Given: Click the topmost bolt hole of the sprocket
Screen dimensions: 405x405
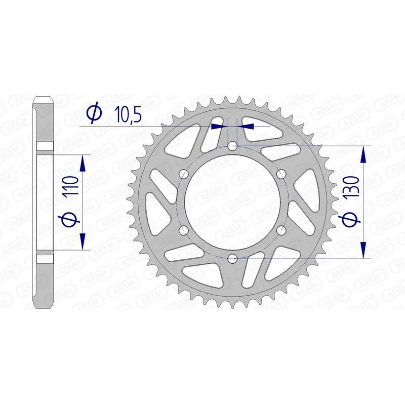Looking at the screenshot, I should click(x=232, y=146).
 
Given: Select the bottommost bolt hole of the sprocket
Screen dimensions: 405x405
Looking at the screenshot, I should click(x=232, y=259).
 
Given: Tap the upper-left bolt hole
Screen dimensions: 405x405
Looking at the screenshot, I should click(x=184, y=174).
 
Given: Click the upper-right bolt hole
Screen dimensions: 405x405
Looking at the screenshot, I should click(x=281, y=174).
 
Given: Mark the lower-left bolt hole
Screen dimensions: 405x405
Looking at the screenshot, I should click(x=184, y=231).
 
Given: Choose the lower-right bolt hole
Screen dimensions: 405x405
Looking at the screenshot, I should click(x=281, y=231).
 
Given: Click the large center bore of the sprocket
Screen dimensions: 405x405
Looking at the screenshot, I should click(x=232, y=202).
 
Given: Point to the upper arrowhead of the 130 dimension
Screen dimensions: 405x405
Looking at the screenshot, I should click(x=362, y=154).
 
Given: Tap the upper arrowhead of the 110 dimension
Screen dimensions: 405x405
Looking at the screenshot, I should click(x=83, y=163).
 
